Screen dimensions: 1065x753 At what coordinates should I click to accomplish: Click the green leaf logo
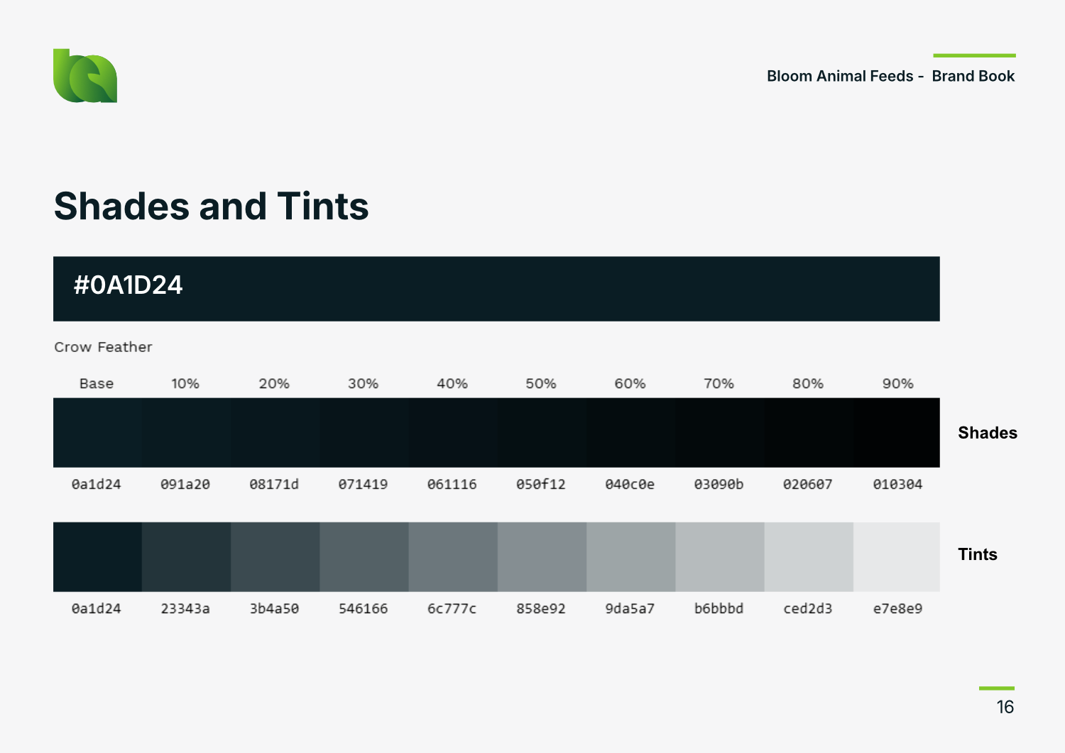(x=85, y=76)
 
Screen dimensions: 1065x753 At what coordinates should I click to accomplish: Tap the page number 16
(x=1005, y=708)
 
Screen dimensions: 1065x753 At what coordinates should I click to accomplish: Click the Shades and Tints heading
(x=211, y=206)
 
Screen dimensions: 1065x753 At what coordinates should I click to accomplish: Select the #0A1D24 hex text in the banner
(x=128, y=285)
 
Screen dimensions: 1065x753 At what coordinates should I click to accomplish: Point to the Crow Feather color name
(x=103, y=347)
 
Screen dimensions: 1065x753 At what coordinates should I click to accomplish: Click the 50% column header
(x=540, y=384)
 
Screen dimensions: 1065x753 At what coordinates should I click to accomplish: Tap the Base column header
(x=97, y=384)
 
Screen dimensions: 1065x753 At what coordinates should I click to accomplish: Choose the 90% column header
(x=897, y=384)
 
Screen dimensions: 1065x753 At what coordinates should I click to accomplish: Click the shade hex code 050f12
(x=540, y=485)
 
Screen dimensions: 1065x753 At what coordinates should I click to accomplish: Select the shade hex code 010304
(x=897, y=485)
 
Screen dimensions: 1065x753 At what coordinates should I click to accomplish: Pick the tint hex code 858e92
(x=540, y=608)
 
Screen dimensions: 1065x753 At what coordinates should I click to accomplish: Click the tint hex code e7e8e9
(x=897, y=608)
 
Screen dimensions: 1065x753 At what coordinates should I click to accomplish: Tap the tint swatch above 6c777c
(x=453, y=557)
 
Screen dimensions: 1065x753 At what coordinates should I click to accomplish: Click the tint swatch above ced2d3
(x=809, y=557)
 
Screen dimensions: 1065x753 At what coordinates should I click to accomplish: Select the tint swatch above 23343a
(x=186, y=557)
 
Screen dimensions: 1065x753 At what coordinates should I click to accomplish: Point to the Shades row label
(x=988, y=433)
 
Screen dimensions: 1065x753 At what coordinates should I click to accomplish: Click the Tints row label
(x=978, y=554)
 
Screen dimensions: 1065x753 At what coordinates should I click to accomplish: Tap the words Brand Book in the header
(x=973, y=76)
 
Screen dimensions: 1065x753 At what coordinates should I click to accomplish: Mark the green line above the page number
(x=997, y=688)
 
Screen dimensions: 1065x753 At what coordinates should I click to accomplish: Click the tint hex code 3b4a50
(x=274, y=608)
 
